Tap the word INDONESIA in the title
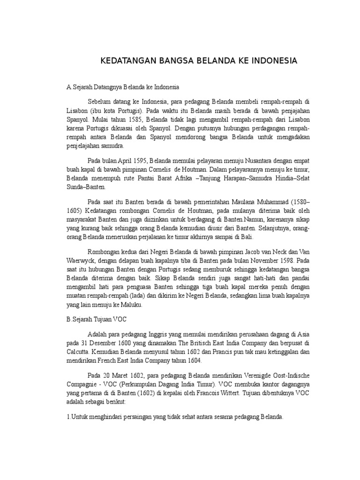click(x=269, y=61)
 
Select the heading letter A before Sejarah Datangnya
click(x=68, y=87)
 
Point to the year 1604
click(x=193, y=362)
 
